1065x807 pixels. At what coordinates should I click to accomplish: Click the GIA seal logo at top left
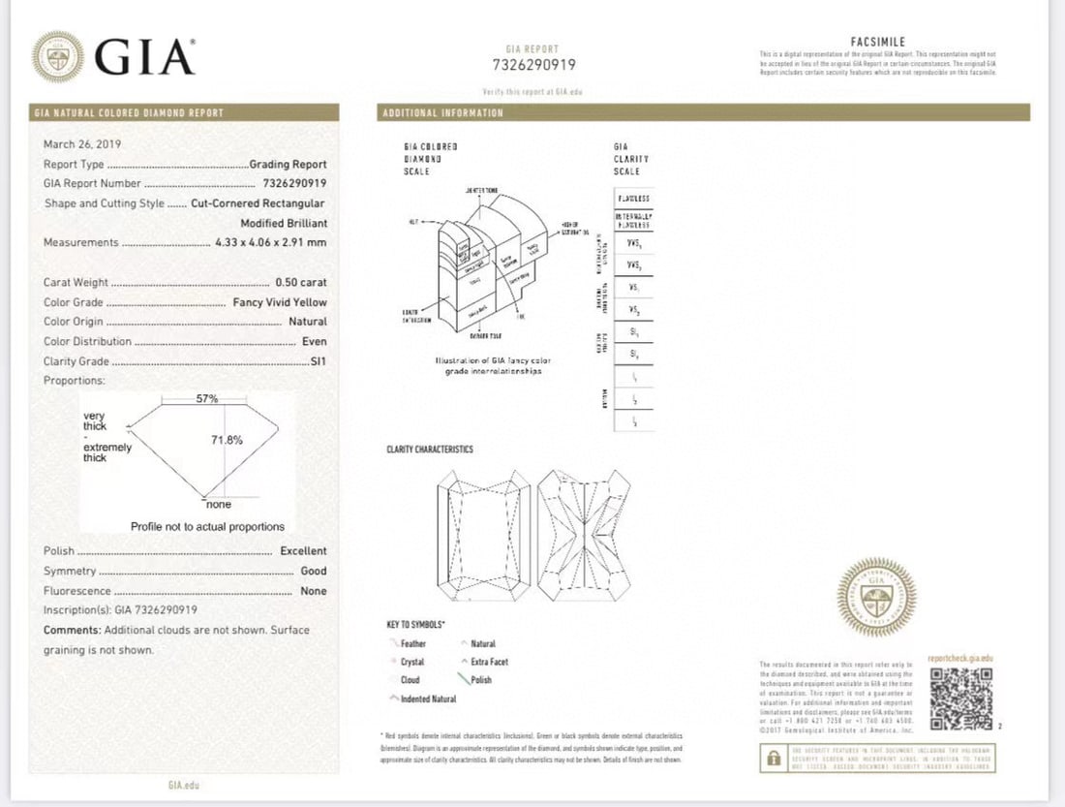pos(57,55)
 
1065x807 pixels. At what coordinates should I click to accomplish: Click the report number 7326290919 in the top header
pos(532,65)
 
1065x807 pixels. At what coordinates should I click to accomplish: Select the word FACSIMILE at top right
pos(877,42)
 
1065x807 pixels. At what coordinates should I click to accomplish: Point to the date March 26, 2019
pos(82,144)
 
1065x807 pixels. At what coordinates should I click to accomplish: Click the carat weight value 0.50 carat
pos(300,283)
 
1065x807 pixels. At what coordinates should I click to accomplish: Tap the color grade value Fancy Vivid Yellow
pos(280,302)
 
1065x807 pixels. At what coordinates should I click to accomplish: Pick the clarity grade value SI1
pos(317,361)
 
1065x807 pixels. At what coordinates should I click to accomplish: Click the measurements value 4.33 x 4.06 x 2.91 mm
pos(270,243)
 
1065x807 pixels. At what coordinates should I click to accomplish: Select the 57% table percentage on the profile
pos(206,398)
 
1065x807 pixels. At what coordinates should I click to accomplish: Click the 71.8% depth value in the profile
pos(227,440)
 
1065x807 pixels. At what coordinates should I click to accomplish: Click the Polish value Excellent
pos(303,551)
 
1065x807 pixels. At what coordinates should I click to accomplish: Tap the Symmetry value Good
pos(313,572)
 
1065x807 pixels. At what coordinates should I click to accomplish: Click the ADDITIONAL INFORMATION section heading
pos(443,113)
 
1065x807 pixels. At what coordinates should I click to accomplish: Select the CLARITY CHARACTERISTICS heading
pos(430,450)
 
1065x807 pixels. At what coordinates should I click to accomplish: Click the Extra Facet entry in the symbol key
pos(489,662)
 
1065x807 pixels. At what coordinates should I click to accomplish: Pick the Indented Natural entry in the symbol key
pos(428,698)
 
